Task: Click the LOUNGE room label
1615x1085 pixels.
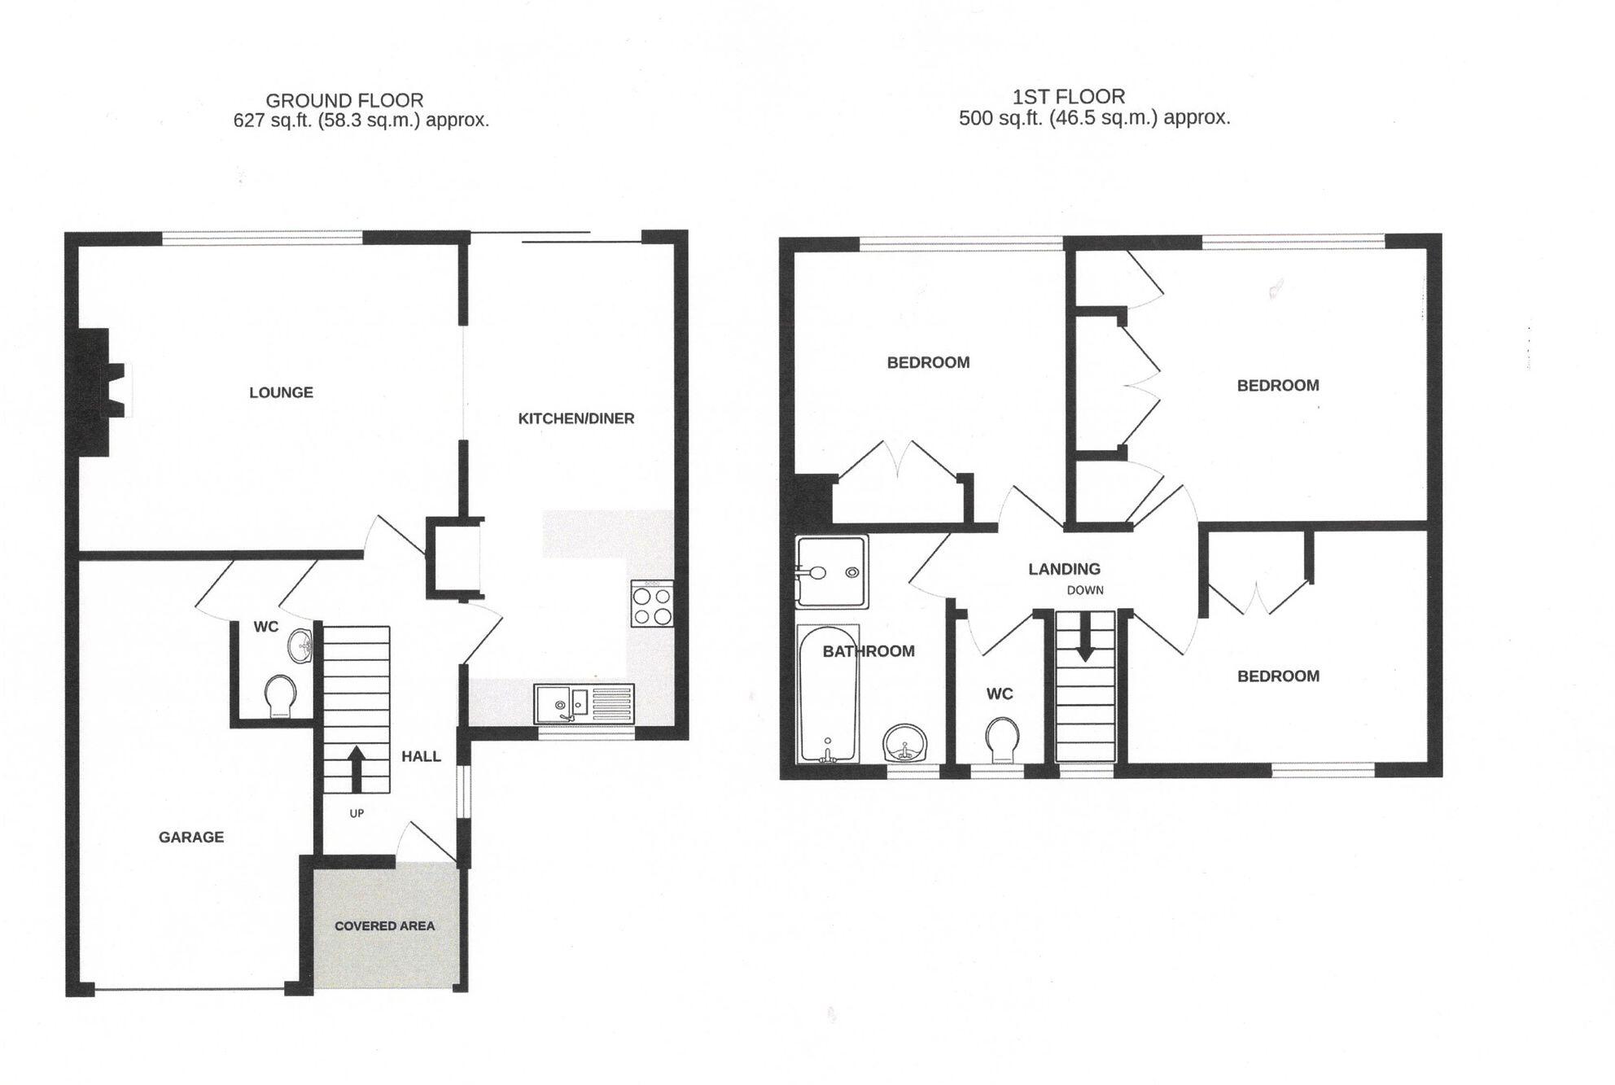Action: click(281, 392)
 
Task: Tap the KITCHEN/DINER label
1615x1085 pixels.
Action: click(576, 418)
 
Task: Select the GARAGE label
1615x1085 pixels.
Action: click(190, 837)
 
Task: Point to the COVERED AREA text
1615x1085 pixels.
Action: click(384, 925)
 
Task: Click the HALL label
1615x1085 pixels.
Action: click(421, 756)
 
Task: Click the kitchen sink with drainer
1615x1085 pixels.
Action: click(584, 703)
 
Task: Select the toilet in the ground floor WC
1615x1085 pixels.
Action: click(280, 696)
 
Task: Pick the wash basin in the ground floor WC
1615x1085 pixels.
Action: click(301, 645)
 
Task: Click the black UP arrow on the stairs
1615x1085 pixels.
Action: click(356, 769)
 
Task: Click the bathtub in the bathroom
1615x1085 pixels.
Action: click(828, 694)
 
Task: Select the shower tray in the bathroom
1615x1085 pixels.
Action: click(832, 571)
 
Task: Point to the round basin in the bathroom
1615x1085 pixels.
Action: click(904, 742)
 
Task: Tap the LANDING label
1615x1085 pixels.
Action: click(1064, 569)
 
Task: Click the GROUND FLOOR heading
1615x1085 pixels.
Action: click(344, 100)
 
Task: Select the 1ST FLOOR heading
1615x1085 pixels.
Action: click(1069, 97)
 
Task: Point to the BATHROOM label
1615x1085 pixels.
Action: click(868, 651)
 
